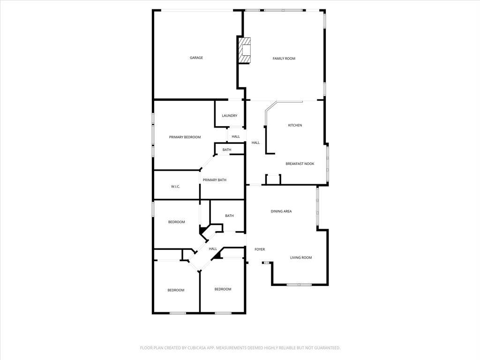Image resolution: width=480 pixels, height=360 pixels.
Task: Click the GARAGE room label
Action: (x=196, y=58)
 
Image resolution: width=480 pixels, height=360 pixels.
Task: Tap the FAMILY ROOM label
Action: (x=284, y=59)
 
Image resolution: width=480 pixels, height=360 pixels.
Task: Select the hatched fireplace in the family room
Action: (x=244, y=50)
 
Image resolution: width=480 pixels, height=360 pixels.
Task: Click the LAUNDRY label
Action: (x=229, y=116)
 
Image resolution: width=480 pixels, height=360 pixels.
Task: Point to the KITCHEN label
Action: (x=295, y=125)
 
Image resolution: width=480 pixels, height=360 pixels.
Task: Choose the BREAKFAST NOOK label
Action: (x=300, y=164)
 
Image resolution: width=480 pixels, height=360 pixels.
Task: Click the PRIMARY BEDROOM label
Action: (x=185, y=137)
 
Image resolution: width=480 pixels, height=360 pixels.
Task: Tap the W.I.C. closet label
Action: (x=175, y=187)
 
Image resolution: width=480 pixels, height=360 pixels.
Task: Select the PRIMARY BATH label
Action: (x=214, y=180)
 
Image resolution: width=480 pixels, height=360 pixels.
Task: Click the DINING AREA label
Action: (x=281, y=211)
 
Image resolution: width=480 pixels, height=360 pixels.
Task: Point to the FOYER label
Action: (x=260, y=249)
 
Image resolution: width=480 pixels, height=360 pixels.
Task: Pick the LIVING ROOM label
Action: (x=300, y=258)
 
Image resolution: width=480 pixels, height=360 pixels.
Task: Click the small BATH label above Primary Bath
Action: (x=227, y=150)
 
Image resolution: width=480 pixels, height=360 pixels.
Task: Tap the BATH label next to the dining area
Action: (x=229, y=216)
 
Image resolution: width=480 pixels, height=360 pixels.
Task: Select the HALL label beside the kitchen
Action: (x=255, y=142)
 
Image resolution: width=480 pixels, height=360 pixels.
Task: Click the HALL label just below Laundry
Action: (x=236, y=137)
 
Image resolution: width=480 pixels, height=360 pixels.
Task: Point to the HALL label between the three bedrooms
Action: (x=213, y=249)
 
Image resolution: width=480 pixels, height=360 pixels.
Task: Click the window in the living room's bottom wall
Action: (x=299, y=285)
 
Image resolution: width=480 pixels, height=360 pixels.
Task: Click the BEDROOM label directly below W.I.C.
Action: (x=176, y=222)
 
